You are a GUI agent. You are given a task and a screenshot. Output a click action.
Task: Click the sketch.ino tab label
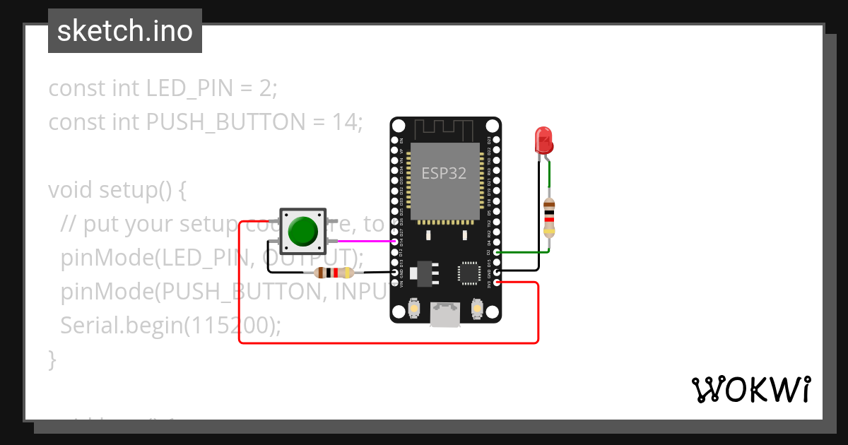click(125, 31)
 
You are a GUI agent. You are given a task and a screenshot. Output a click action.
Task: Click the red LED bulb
click(543, 139)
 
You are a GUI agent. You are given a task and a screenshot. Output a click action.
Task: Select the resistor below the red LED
click(550, 218)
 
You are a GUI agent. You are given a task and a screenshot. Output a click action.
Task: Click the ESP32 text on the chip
click(444, 173)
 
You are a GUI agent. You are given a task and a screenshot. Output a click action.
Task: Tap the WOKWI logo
click(750, 389)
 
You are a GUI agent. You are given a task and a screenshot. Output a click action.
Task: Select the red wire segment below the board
click(389, 343)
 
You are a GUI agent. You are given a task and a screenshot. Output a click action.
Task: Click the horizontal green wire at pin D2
click(523, 251)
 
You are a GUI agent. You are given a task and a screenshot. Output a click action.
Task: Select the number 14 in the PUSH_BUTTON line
click(346, 123)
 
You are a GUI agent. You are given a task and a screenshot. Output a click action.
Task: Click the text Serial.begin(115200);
click(171, 326)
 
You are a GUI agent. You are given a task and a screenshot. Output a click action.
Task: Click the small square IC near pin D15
click(469, 273)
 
